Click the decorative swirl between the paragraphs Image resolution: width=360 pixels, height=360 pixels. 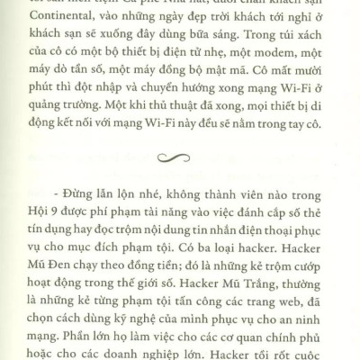pos(180,158)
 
